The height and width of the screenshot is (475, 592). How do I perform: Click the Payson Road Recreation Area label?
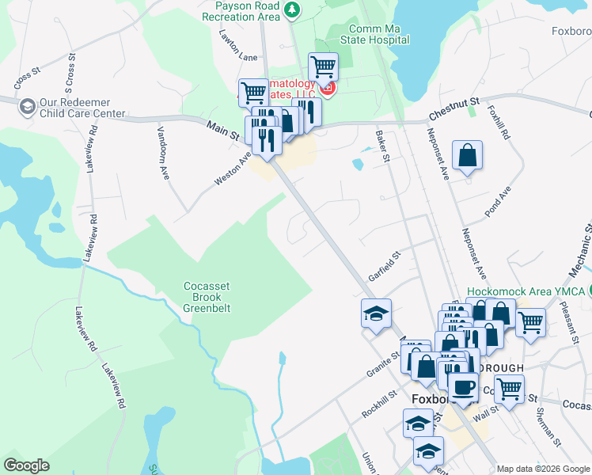[246, 10]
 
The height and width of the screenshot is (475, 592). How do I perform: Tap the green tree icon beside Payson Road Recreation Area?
[294, 9]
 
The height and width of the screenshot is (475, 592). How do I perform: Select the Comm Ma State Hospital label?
[374, 34]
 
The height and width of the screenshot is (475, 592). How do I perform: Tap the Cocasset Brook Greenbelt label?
[207, 297]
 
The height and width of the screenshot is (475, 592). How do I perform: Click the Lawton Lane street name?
[239, 58]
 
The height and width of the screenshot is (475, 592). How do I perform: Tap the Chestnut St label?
[454, 108]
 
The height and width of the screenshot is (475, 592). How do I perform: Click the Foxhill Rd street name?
[499, 124]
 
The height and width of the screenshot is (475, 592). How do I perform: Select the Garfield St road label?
[385, 267]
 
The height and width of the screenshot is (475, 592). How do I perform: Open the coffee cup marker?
[463, 387]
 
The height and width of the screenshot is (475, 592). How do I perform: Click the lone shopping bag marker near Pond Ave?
[468, 155]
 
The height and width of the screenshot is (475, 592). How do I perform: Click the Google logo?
[26, 465]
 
